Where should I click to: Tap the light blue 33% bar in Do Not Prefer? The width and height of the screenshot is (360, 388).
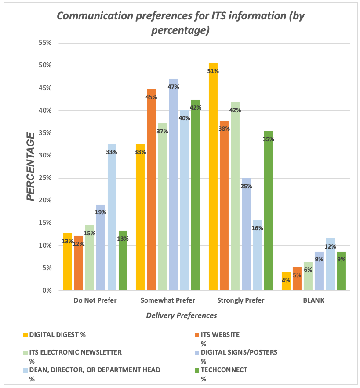click(x=112, y=220)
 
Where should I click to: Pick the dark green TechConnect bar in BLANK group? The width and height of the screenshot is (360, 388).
click(x=341, y=273)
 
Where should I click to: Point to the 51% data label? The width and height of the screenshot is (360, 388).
click(x=214, y=72)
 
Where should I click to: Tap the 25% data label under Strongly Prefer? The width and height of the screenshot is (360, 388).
click(x=247, y=186)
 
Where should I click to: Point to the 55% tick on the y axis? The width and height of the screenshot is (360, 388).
click(x=45, y=43)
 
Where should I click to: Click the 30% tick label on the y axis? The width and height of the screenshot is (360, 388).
click(x=45, y=156)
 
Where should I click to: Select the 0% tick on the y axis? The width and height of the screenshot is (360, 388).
click(x=47, y=290)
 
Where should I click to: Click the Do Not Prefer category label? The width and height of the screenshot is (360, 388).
click(x=95, y=301)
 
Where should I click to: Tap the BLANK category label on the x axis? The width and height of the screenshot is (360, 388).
click(x=314, y=301)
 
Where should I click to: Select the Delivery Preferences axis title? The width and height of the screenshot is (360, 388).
click(x=181, y=315)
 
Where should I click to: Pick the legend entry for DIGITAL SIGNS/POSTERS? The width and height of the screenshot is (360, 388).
click(x=239, y=352)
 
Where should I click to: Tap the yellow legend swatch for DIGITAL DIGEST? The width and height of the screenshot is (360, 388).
click(x=25, y=335)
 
